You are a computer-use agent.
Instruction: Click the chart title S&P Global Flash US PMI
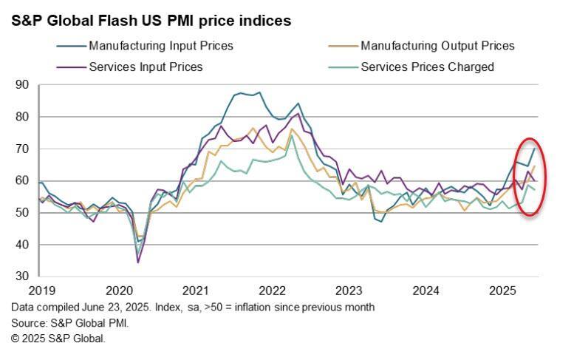coord(151,21)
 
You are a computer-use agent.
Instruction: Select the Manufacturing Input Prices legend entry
coord(160,46)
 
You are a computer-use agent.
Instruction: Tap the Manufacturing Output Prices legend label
coord(437,46)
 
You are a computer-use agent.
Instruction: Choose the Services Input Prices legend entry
coord(146,67)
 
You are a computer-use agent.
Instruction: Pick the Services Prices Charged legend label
coord(427,67)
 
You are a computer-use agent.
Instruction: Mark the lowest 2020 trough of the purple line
coord(137,262)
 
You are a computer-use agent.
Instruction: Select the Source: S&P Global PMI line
coord(69,323)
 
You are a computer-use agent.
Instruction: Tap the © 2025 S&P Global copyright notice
coord(58,339)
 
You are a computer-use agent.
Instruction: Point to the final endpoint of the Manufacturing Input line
coord(535,149)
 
